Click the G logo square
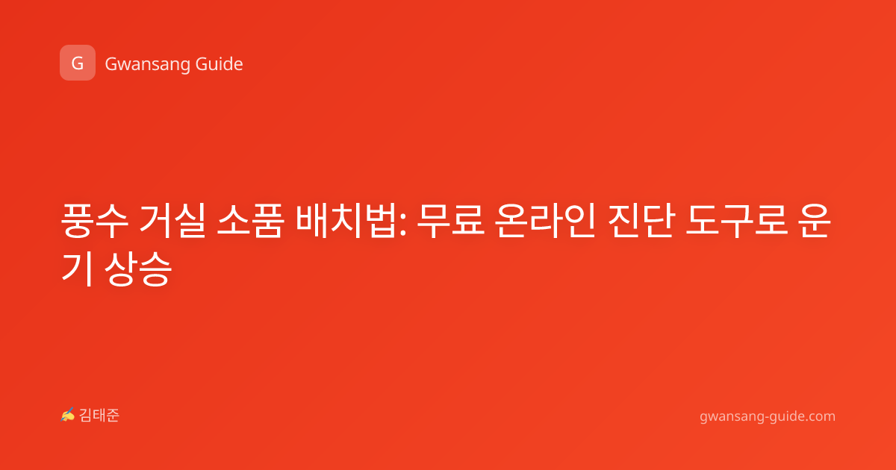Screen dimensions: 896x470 78,63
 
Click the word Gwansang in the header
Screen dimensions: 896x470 147,65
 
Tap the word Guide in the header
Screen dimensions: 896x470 220,64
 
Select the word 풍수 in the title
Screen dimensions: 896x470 95,221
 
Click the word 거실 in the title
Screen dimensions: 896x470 172,221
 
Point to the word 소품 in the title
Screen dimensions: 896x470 250,221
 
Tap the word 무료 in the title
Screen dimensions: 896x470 450,221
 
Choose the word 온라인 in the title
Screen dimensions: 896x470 545,221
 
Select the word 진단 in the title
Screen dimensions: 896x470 640,221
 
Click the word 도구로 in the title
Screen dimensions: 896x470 736,221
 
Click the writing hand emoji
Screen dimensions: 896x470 68,415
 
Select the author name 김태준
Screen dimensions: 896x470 99,416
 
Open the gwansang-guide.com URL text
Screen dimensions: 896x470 768,416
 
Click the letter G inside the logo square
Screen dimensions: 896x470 78,63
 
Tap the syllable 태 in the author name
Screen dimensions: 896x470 99,416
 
